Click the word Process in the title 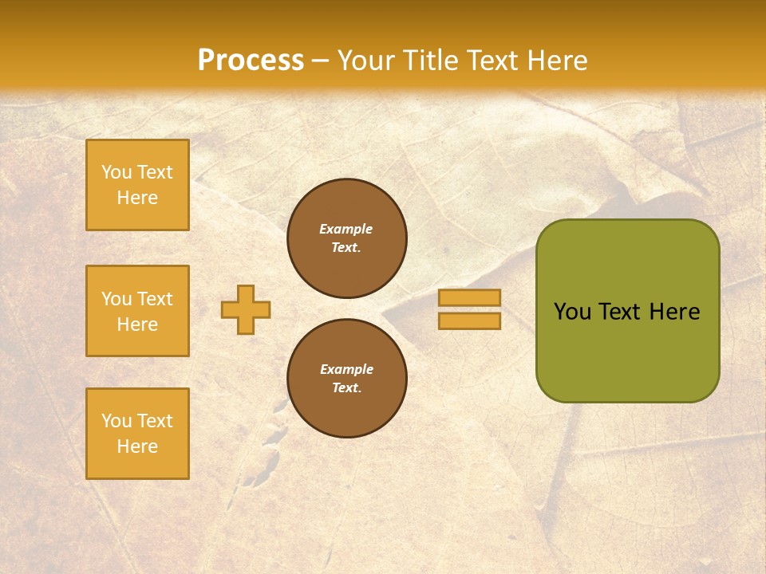(251, 61)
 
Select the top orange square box (137, 185)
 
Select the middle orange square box (137, 311)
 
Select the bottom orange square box (137, 434)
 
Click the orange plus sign (246, 309)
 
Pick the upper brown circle (346, 238)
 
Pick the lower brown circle (346, 379)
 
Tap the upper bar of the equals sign (469, 297)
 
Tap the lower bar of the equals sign (469, 321)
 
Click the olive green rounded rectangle (627, 351)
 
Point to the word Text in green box (620, 312)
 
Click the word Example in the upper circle (345, 229)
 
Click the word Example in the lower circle (346, 369)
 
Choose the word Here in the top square (137, 198)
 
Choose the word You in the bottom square (116, 421)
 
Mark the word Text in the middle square (155, 299)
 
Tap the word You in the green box (572, 312)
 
